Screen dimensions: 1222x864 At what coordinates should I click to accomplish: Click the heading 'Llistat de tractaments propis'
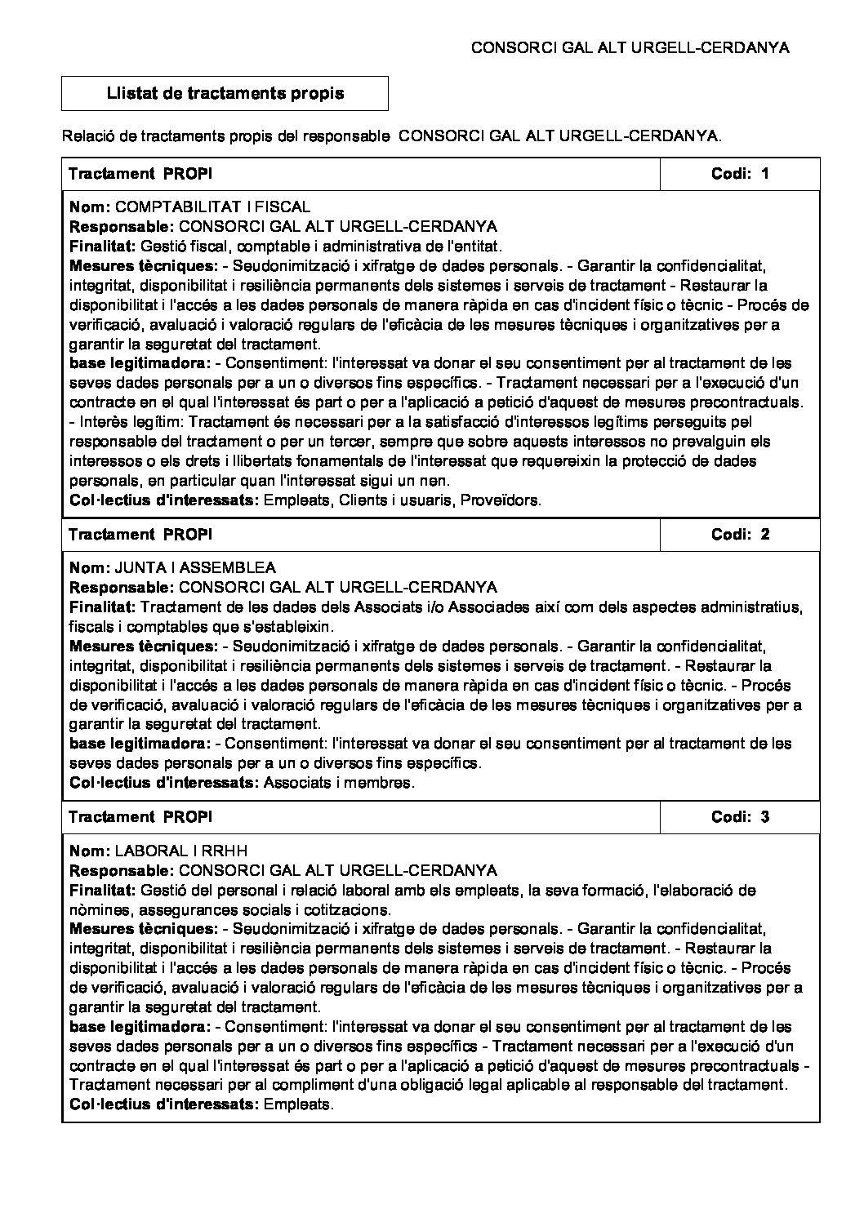click(x=225, y=93)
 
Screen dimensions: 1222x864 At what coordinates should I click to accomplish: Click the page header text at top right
click(x=630, y=48)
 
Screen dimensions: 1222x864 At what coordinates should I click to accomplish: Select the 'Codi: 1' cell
click(x=740, y=173)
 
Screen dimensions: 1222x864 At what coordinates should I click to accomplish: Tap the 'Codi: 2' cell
click(x=740, y=535)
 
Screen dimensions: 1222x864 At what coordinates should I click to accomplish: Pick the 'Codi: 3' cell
click(x=740, y=817)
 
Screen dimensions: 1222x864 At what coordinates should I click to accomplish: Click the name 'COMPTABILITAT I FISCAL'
click(x=214, y=207)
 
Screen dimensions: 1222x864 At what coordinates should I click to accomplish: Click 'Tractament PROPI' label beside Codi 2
click(x=140, y=535)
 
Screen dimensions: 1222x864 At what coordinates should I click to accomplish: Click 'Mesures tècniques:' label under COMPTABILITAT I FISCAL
click(x=144, y=266)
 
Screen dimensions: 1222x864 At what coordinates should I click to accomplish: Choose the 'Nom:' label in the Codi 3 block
click(x=89, y=851)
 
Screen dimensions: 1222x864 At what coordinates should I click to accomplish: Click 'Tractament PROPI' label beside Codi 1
click(x=140, y=173)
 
